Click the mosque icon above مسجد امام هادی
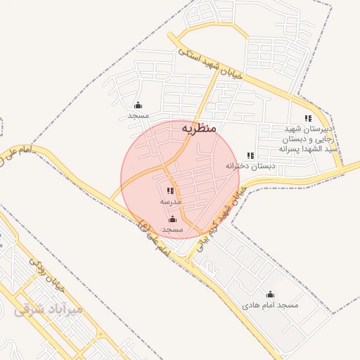tap(271, 295)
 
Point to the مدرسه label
tap(171, 202)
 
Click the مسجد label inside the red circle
tap(172, 230)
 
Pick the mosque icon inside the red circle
tap(172, 219)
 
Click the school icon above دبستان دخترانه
tap(250, 155)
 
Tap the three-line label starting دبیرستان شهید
tap(307, 139)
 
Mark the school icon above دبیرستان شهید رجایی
tap(308, 118)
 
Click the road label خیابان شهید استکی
tap(210, 64)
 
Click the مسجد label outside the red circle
tap(139, 115)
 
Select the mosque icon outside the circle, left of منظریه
tap(139, 105)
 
